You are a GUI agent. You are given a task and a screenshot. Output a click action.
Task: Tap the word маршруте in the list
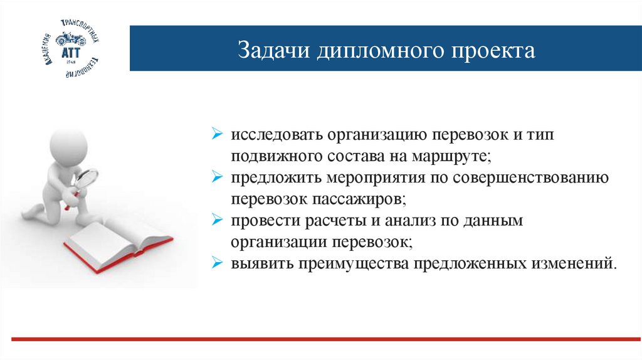point(453,156)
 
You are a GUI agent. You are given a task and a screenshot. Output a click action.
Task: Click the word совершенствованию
point(534,177)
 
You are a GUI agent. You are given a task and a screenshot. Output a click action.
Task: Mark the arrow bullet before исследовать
point(216,134)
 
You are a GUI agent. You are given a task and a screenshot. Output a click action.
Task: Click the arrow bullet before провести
point(216,220)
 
